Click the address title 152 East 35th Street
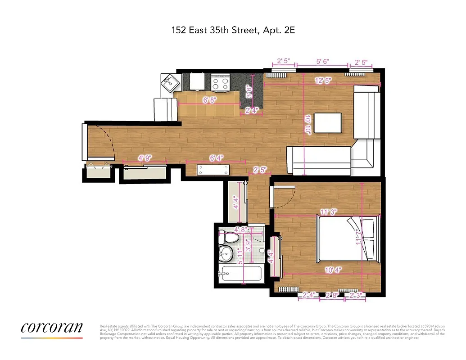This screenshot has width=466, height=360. click(x=232, y=31)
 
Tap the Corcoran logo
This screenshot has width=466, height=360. click(x=52, y=328)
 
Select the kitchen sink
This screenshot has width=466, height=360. click(x=170, y=83)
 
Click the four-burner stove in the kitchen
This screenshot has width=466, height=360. click(x=221, y=82)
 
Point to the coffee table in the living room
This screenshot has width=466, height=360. click(x=328, y=122)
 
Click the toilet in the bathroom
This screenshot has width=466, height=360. click(x=231, y=237)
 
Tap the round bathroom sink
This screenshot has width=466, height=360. click(x=226, y=252)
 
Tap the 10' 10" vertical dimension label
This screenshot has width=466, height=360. click(x=308, y=125)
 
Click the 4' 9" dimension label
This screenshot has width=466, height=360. click(x=145, y=158)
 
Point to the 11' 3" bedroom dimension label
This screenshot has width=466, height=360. click(x=329, y=211)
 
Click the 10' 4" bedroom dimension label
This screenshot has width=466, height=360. click(x=333, y=270)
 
